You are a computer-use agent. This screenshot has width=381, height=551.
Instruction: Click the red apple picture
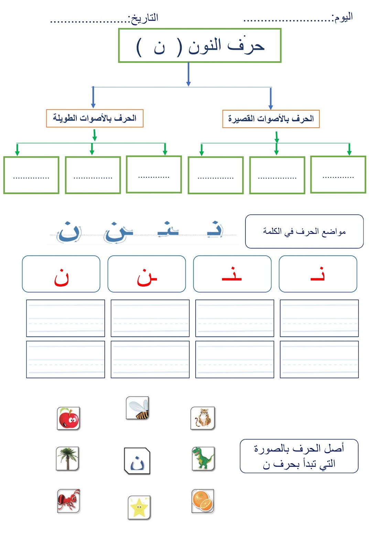[68, 418]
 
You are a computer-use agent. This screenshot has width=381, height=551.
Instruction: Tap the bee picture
[138, 408]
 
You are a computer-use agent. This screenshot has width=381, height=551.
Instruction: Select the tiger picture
[203, 418]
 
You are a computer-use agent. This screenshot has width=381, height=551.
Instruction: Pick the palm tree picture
[67, 459]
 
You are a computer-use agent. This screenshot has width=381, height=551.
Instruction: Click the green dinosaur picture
[203, 458]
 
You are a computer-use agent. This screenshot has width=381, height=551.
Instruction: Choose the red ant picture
[68, 501]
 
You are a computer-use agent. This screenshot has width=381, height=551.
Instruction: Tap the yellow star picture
[139, 507]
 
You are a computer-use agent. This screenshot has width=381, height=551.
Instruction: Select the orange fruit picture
[203, 501]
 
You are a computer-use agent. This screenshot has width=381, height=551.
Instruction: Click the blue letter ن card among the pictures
[137, 461]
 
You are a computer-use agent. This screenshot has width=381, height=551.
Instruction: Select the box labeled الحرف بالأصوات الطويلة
[95, 118]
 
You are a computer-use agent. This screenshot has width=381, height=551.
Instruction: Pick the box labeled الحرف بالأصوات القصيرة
[271, 119]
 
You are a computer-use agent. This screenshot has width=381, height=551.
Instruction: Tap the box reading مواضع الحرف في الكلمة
[304, 231]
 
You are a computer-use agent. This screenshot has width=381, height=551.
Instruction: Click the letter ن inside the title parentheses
[159, 48]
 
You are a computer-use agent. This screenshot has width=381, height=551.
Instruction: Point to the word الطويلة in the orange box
[65, 118]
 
